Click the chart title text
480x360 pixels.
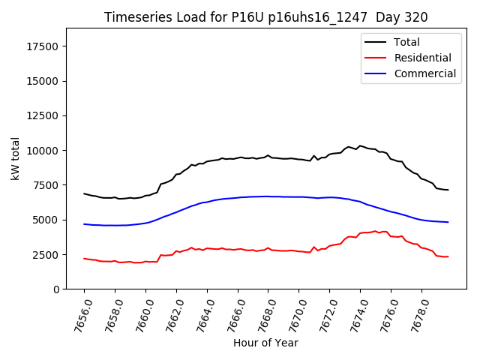(265, 17)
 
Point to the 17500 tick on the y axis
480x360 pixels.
(43, 46)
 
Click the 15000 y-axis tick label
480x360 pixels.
(43, 81)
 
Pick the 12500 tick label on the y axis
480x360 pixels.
(43, 116)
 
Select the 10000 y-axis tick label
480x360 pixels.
(43, 151)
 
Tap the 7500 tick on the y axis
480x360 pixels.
(46, 185)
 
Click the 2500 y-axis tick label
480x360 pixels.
(46, 255)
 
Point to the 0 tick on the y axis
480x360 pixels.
(56, 289)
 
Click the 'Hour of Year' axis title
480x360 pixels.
(265, 343)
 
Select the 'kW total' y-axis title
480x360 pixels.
(15, 158)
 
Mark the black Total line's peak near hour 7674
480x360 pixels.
(360, 145)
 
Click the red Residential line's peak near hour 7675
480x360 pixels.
(376, 231)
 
